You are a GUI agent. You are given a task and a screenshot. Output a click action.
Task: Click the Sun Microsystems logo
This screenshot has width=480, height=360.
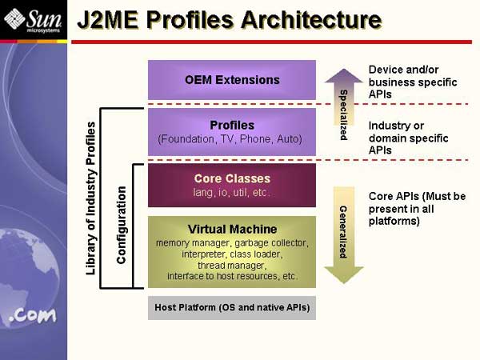coord(31,18)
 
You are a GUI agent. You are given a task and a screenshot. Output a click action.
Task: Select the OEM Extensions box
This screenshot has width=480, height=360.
coord(232,80)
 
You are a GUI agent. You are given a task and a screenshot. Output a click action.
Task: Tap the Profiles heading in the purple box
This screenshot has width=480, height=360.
coord(232,125)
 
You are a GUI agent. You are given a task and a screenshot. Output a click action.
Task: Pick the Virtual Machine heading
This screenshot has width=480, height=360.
coord(232,229)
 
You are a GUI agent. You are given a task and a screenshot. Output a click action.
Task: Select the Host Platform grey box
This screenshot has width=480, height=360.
coord(232,307)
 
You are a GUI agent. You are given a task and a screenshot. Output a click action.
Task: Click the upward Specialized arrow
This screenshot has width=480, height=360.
coord(343,104)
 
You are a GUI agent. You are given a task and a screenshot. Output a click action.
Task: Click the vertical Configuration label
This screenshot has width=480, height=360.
coord(122,225)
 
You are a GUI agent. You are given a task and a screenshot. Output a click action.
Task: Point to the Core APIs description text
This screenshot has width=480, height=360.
coord(417,208)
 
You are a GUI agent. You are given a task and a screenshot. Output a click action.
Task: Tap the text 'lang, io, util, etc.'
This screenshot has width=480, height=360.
coord(232,193)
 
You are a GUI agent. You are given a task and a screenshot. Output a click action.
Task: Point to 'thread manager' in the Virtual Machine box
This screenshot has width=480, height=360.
coord(232,265)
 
